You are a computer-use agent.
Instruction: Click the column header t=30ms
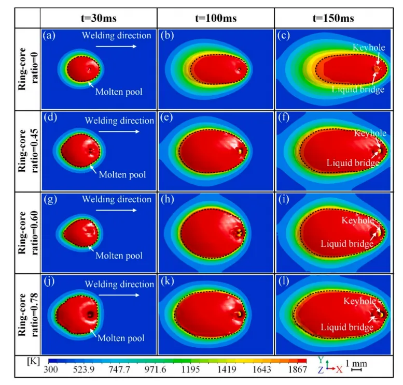click(99, 18)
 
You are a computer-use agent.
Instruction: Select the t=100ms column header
click(215, 18)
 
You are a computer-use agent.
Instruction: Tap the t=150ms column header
click(333, 18)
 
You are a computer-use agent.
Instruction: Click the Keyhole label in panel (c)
click(369, 47)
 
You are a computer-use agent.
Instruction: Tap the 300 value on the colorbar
click(50, 370)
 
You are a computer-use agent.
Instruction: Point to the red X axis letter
click(339, 369)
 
